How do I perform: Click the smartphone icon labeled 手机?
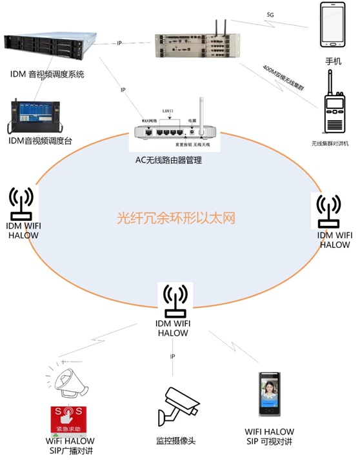pyautogui.click(x=332, y=26)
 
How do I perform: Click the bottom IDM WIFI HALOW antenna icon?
pyautogui.click(x=174, y=299)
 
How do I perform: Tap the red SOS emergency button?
pyautogui.click(x=68, y=419)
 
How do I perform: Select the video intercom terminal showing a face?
pyautogui.click(x=269, y=395)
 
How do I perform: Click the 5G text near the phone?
pyautogui.click(x=270, y=14)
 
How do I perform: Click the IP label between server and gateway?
pyautogui.click(x=119, y=43)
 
